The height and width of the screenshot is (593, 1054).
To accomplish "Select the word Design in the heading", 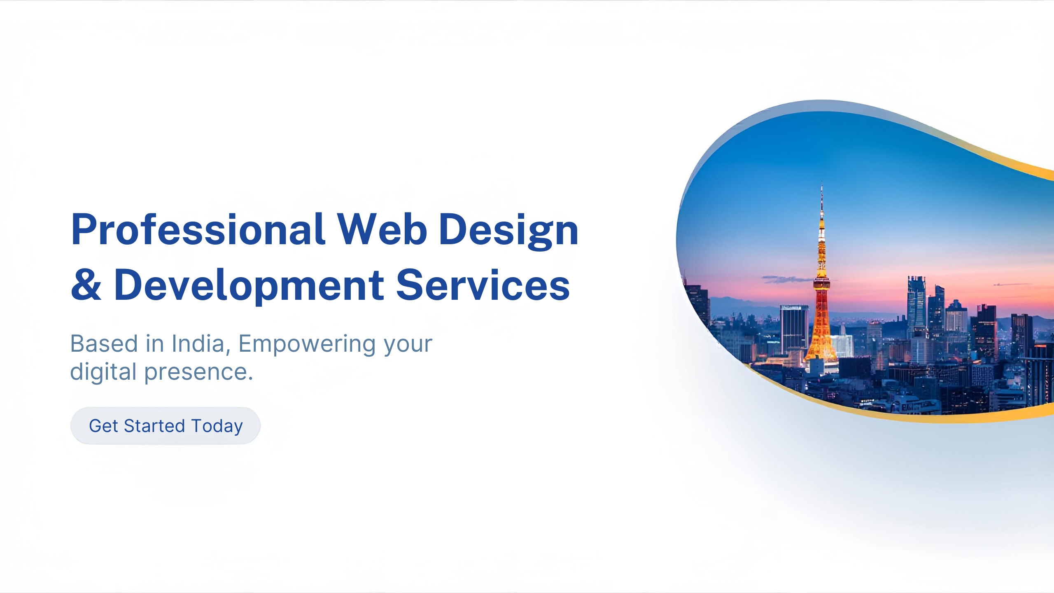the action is tap(509, 231).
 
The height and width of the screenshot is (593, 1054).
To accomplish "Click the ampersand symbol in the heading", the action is tap(86, 285).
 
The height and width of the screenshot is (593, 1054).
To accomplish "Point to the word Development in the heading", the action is tap(249, 286).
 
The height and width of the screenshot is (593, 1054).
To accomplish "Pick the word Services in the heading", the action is tap(483, 285).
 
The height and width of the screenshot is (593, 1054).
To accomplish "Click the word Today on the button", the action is tap(217, 426).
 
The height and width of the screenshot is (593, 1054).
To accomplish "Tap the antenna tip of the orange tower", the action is tap(822, 182).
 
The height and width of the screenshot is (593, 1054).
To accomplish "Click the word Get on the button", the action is tap(104, 426).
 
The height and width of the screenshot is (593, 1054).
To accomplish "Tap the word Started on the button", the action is tap(154, 426).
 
